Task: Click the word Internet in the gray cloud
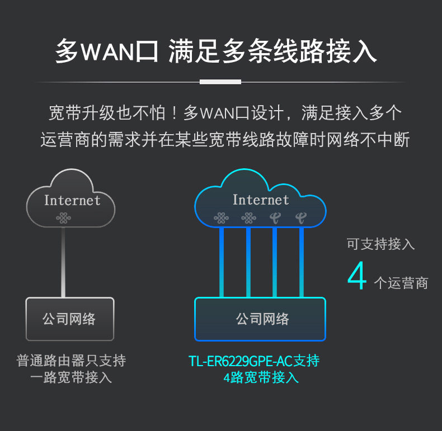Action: click(x=72, y=200)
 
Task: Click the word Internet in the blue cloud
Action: click(x=261, y=200)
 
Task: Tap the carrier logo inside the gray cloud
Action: click(x=63, y=218)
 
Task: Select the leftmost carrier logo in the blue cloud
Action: click(x=222, y=218)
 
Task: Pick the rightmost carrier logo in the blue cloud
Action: click(x=301, y=218)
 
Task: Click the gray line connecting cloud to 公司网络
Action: click(x=63, y=262)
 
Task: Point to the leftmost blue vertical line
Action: click(x=222, y=262)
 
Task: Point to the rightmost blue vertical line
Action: click(x=302, y=262)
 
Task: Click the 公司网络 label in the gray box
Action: click(x=69, y=319)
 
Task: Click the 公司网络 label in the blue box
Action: click(x=262, y=319)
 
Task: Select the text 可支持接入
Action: click(x=380, y=244)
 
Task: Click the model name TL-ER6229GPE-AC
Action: click(x=241, y=361)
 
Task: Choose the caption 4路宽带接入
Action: click(x=261, y=377)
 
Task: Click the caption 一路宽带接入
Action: click(x=71, y=377)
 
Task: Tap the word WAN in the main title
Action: click(x=107, y=51)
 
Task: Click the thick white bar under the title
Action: click(x=220, y=82)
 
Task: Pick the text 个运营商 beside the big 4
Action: click(x=401, y=283)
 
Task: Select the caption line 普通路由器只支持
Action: click(x=71, y=361)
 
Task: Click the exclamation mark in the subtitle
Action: click(x=175, y=113)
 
